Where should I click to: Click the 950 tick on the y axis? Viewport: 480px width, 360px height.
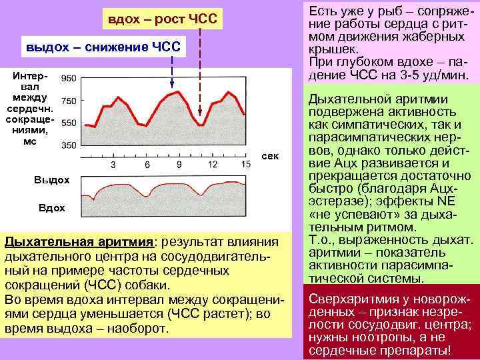pyautogui.click(x=68, y=79)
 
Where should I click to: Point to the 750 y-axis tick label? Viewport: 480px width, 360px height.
pyautogui.click(x=68, y=101)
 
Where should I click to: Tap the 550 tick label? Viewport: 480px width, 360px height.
pyautogui.click(x=68, y=123)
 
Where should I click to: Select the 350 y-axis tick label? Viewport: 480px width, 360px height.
pyautogui.click(x=68, y=145)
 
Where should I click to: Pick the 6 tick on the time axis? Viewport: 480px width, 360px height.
pyautogui.click(x=145, y=163)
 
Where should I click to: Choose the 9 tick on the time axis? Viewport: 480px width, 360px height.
pyautogui.click(x=179, y=163)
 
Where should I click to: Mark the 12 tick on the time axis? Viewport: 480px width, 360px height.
pyautogui.click(x=212, y=163)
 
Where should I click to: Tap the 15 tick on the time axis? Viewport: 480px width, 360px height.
pyautogui.click(x=245, y=163)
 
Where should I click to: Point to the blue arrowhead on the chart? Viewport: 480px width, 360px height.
pyautogui.click(x=173, y=85)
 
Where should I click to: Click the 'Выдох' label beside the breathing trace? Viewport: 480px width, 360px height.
pyautogui.click(x=51, y=180)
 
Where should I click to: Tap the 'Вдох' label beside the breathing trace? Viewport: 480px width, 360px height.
pyautogui.click(x=51, y=209)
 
